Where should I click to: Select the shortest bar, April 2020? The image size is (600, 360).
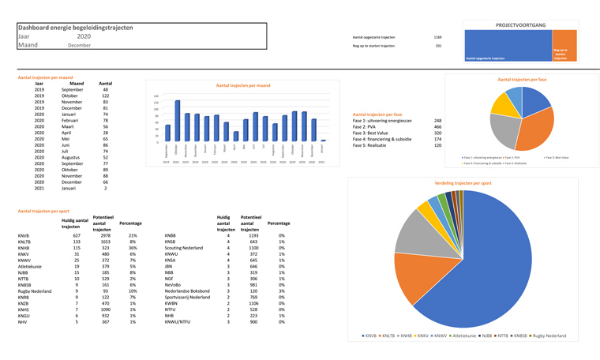point(235,137)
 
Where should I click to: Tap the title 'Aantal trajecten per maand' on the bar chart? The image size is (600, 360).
point(242,85)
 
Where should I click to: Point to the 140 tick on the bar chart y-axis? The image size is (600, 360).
point(156,96)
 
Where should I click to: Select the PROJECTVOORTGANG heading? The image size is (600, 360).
point(520,25)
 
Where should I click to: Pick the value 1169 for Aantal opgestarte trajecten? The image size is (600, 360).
point(437,37)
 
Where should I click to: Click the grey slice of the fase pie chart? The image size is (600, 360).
point(503,130)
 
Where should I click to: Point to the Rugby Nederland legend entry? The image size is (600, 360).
point(549,336)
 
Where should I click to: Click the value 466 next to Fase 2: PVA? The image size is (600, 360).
point(437,127)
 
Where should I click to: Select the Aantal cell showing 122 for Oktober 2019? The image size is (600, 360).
point(105,96)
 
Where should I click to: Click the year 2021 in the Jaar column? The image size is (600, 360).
point(39,189)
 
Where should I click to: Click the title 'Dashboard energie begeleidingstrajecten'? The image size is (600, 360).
point(75,28)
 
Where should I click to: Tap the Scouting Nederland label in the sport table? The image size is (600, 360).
point(184,248)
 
